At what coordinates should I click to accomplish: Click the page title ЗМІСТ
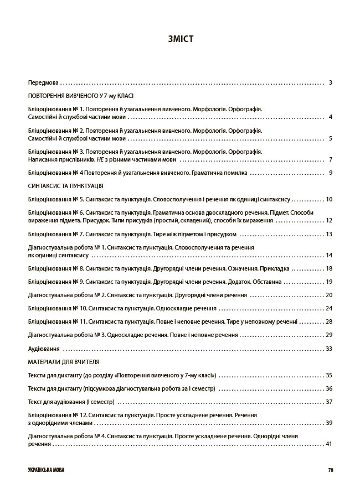click(180, 39)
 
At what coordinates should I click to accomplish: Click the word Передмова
click(43, 83)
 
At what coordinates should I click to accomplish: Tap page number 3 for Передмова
click(330, 83)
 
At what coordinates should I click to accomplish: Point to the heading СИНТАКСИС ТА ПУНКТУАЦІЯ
click(65, 186)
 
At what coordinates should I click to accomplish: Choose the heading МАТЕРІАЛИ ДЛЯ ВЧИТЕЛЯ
click(64, 361)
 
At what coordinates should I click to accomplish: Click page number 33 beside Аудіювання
click(329, 349)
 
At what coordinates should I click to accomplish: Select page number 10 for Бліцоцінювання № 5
click(329, 199)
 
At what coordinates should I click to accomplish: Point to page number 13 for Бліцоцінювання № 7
click(329, 234)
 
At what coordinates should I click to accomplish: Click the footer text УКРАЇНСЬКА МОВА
click(45, 470)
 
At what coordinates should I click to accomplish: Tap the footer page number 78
click(330, 470)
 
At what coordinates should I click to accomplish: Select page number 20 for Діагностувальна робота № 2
click(329, 295)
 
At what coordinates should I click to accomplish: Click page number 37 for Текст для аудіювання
click(329, 402)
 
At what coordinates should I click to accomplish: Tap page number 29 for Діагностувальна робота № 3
click(329, 335)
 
